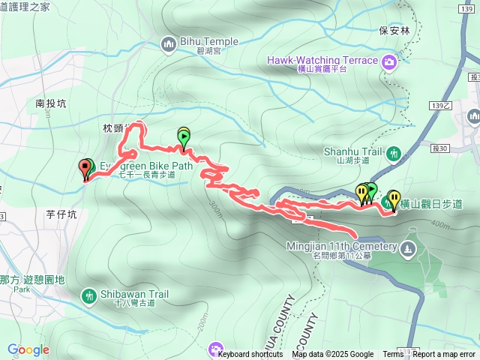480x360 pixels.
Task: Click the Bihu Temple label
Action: (x=209, y=42)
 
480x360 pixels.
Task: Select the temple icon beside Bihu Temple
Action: (x=168, y=44)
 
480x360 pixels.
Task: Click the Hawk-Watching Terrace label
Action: (x=321, y=59)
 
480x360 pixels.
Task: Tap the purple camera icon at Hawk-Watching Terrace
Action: (x=390, y=61)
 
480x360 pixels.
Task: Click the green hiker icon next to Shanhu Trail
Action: (x=394, y=154)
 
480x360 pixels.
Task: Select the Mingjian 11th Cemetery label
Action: (x=340, y=246)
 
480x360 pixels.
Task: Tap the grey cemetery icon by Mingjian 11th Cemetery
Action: (x=407, y=247)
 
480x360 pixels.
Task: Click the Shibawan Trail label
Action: (x=133, y=295)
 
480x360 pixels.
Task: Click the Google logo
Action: (x=28, y=349)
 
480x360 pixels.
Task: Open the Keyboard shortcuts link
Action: (x=250, y=354)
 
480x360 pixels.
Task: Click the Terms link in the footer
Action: (x=393, y=354)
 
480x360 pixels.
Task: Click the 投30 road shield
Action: (x=439, y=148)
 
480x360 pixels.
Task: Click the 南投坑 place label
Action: (x=50, y=103)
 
